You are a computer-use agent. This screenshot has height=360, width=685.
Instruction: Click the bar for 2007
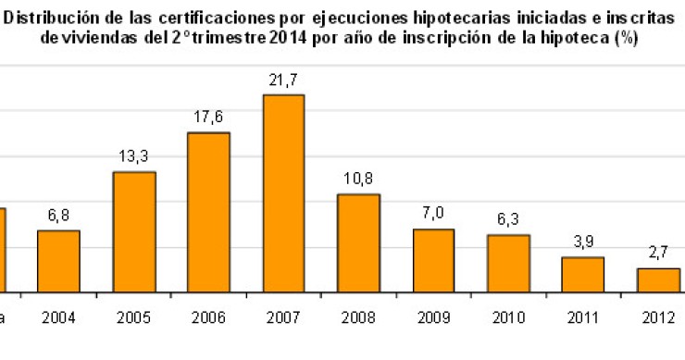(x=283, y=193)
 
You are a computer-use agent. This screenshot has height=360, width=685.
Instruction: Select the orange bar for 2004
(x=58, y=261)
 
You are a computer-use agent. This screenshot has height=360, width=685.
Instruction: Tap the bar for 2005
(x=134, y=232)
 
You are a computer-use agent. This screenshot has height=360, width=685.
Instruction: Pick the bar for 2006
(x=208, y=213)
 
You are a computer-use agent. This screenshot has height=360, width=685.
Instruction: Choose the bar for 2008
(x=358, y=243)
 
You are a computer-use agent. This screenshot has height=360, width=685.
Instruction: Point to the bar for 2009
(x=433, y=260)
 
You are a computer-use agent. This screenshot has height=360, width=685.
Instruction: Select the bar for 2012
(x=658, y=279)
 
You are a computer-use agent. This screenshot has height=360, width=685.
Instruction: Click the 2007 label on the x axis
(x=283, y=318)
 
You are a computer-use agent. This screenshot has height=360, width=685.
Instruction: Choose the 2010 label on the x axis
(x=508, y=318)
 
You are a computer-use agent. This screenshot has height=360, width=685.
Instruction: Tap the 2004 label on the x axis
(x=58, y=318)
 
